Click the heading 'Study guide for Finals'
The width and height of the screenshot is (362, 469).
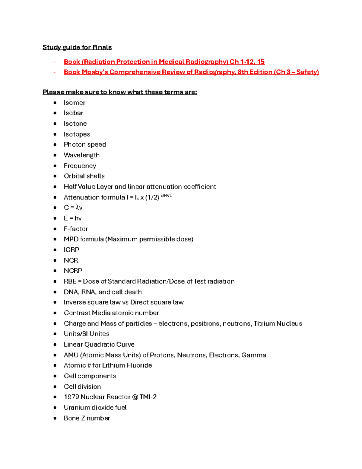coord(77,47)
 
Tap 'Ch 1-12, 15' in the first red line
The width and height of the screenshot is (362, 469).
coord(247,62)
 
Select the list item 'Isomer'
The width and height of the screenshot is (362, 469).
coord(75,103)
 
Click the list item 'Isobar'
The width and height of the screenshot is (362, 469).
coord(73,113)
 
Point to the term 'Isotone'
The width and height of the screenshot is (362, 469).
coord(75,124)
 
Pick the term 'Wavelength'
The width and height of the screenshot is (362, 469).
coord(81,155)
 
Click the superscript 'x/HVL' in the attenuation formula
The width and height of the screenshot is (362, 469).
coord(166,196)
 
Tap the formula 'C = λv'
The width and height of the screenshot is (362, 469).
coord(73,208)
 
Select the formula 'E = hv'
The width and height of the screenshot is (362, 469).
coord(73,218)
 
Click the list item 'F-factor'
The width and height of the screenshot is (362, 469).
coord(76,229)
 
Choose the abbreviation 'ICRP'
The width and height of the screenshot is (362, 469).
coord(71,250)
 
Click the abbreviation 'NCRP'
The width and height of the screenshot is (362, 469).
coord(73,271)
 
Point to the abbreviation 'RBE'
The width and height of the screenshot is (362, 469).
coord(70,281)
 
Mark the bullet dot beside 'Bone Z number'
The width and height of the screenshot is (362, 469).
coord(55,418)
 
